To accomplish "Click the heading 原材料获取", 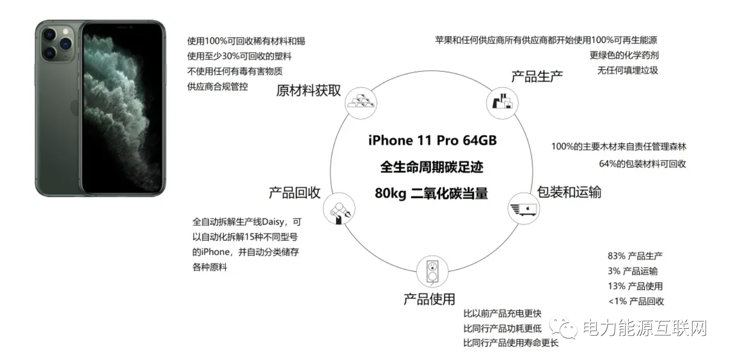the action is (x=308, y=90).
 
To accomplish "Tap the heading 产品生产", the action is (x=537, y=76).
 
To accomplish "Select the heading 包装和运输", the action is (x=569, y=192).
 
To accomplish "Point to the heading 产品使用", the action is (x=429, y=299).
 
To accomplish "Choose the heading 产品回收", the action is (x=295, y=193).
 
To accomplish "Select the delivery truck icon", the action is (x=524, y=209).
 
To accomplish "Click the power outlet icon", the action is (x=432, y=272).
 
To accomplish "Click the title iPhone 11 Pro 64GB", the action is (x=432, y=140).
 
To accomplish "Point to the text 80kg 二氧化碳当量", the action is (x=431, y=193).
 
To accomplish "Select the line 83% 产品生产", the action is (x=635, y=256).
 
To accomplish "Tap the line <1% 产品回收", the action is (x=636, y=301).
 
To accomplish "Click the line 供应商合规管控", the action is (x=218, y=86).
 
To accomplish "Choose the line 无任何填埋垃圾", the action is (x=628, y=70).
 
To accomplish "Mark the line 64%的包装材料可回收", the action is (x=643, y=164).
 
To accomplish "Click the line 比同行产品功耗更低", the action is (x=503, y=328).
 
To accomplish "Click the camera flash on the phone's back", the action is (x=65, y=32).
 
